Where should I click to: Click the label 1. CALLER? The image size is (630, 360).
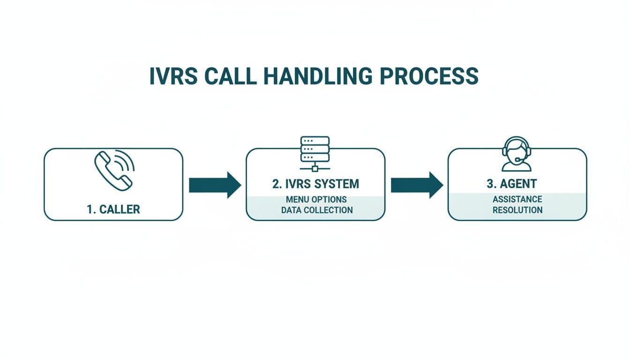113,209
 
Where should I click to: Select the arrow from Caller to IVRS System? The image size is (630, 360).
214,185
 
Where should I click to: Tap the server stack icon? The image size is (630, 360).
315,149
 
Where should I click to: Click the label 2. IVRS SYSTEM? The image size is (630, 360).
315,184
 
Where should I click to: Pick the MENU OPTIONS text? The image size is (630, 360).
316,200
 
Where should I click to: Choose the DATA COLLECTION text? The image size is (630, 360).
317,210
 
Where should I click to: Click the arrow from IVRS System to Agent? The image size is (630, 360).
417,185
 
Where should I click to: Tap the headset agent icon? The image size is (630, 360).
517,154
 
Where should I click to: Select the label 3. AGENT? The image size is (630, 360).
518,184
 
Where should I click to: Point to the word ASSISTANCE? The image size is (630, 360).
517,200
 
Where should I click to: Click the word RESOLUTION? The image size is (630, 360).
517,210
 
